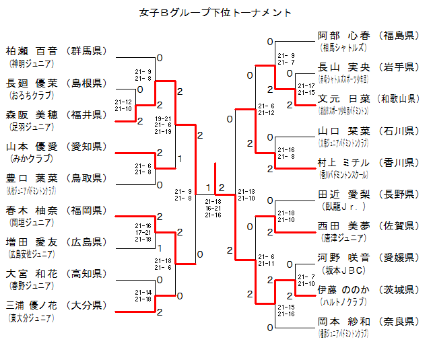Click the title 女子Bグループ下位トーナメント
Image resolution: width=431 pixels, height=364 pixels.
[215, 12]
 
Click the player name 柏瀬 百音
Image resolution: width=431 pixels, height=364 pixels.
[32, 50]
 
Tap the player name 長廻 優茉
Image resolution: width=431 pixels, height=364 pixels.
[32, 83]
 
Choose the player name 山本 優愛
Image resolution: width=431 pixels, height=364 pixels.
[32, 146]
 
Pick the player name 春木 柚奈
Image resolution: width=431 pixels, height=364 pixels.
[32, 211]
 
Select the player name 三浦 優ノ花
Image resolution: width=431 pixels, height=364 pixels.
[32, 305]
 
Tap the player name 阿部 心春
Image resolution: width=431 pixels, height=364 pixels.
[343, 35]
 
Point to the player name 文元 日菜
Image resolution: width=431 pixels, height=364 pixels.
[343, 100]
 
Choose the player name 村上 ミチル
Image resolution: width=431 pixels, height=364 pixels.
[343, 163]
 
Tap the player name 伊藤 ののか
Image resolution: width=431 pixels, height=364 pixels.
[343, 290]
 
